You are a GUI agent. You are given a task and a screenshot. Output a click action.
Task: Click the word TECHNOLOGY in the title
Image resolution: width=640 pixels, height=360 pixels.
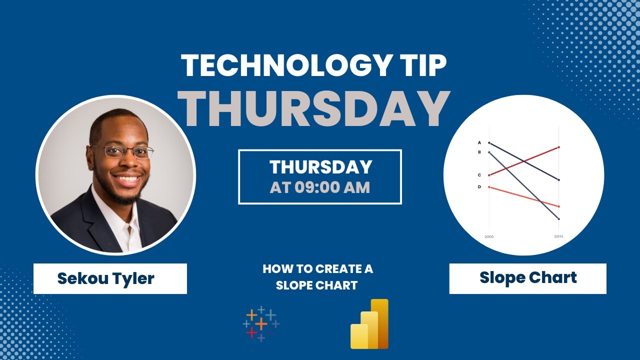[282, 65]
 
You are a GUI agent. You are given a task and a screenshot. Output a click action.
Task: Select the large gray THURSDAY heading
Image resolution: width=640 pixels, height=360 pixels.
[314, 108]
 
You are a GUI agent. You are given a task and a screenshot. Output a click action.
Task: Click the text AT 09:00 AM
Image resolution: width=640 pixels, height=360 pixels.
[320, 187]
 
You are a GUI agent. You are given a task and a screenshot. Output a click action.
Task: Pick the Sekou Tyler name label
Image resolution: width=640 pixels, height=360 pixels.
[105, 278]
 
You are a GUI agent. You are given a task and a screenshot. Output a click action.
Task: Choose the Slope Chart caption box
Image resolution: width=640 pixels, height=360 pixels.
[527, 278]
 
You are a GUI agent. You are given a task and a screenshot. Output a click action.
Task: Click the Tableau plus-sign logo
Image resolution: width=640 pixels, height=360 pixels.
[261, 324]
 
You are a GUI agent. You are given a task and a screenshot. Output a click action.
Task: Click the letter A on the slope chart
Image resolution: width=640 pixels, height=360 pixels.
[479, 142]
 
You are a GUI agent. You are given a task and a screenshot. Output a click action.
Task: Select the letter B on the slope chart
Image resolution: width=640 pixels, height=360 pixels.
[479, 152]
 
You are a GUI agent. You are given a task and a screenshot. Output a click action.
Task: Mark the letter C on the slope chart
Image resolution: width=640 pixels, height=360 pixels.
[479, 175]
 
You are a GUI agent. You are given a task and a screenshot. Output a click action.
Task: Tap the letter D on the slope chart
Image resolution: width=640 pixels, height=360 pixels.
[479, 186]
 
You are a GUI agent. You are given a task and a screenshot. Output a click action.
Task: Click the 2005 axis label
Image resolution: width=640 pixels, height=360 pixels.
[488, 236]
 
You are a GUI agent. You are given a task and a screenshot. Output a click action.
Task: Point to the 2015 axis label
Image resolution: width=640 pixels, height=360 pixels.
[558, 236]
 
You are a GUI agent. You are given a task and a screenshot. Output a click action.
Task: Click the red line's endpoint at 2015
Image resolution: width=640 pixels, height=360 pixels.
[558, 147]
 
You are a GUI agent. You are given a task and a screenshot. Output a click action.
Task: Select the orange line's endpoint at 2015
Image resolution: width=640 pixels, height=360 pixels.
[558, 206]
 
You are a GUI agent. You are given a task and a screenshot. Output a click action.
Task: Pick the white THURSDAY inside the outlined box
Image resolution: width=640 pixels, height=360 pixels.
[320, 167]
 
